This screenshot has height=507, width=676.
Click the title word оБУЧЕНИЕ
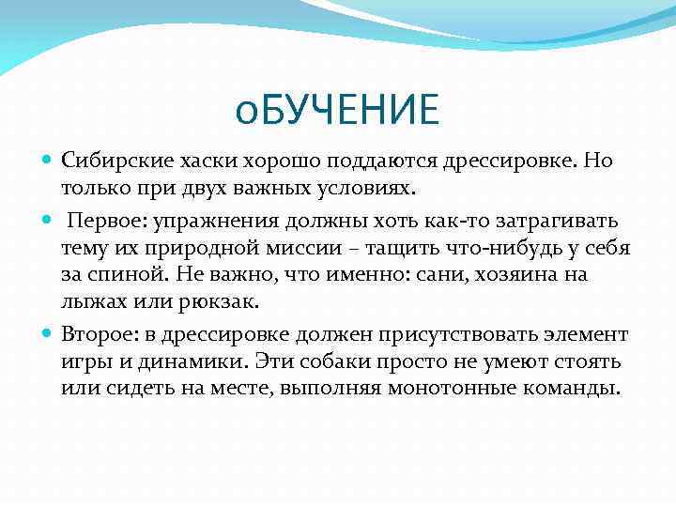click(337, 110)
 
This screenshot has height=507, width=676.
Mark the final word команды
click(575, 390)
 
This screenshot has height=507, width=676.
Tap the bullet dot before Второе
click(47, 334)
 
